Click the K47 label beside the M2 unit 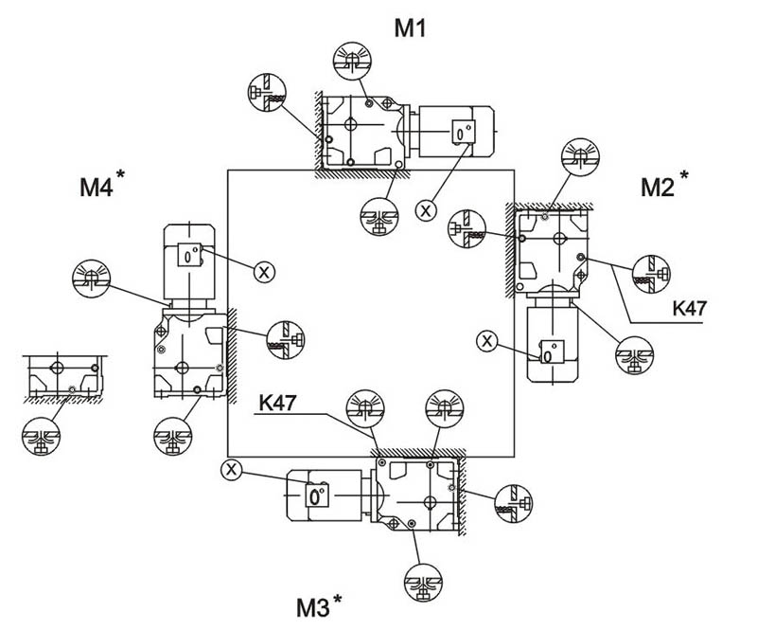pyautogui.click(x=690, y=308)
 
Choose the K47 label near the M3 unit pyautogui.click(x=276, y=403)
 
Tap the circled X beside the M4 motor pyautogui.click(x=264, y=272)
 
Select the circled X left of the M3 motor pyautogui.click(x=230, y=468)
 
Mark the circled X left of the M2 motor pyautogui.click(x=487, y=340)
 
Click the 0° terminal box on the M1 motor pyautogui.click(x=461, y=133)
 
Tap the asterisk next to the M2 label pyautogui.click(x=684, y=176)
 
